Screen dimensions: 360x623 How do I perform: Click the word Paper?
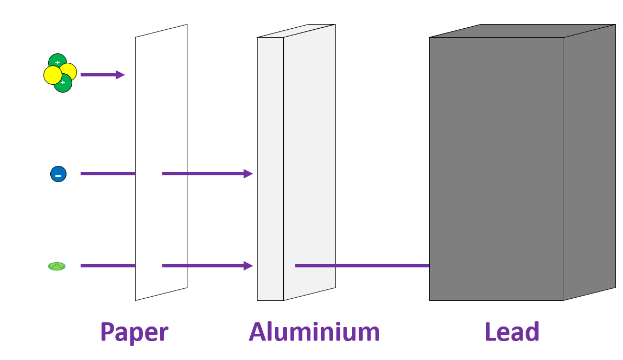(x=134, y=332)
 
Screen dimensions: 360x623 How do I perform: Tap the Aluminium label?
(x=314, y=332)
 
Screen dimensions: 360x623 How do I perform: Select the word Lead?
(x=511, y=332)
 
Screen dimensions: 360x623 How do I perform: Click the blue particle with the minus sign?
(x=58, y=174)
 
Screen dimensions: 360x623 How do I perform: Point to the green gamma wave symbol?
(x=57, y=266)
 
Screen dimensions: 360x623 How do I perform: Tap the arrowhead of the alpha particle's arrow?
(x=120, y=75)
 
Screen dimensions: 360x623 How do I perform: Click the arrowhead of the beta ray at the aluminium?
(x=248, y=174)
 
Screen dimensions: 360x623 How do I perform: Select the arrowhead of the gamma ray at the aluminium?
(x=248, y=266)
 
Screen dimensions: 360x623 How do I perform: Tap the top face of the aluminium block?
(x=296, y=31)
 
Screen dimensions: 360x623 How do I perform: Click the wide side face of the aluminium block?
(x=309, y=157)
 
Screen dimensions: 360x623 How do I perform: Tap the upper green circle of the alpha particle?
(x=57, y=60)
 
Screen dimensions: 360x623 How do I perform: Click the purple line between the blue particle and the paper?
(x=107, y=174)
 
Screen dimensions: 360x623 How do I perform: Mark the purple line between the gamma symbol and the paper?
(x=107, y=266)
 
